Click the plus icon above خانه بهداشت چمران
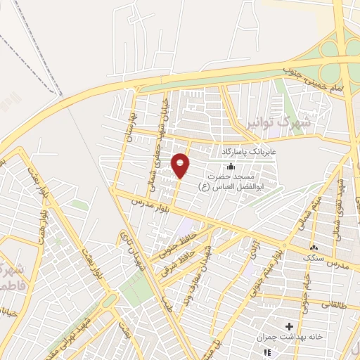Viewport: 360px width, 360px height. (x=289, y=326)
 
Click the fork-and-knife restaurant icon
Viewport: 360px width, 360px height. (x=266, y=351)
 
